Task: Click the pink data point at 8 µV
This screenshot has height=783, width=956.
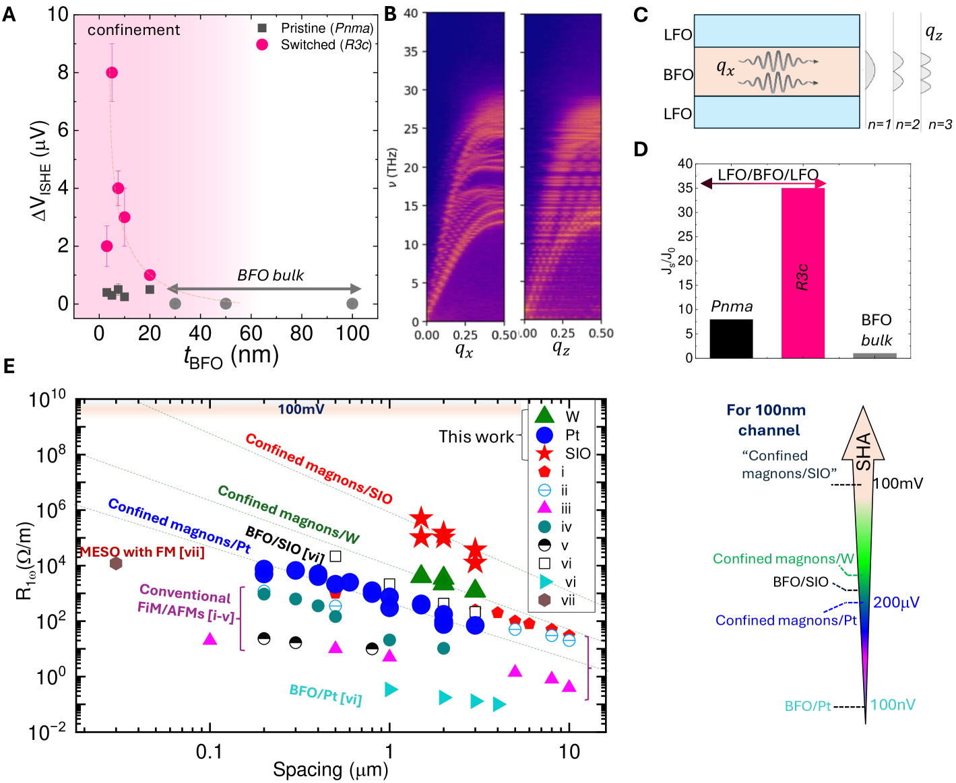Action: [112, 73]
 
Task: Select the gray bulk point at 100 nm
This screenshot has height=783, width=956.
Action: [352, 304]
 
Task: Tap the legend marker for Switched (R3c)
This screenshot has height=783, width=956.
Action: [262, 44]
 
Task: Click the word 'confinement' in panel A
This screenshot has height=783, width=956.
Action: [133, 30]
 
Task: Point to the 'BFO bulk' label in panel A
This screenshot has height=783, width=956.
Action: [270, 275]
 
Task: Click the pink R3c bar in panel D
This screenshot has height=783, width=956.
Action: [802, 273]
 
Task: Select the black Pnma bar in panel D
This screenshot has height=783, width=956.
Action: [731, 338]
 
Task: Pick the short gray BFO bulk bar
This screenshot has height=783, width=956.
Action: [874, 355]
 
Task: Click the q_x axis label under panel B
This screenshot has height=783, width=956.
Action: [464, 350]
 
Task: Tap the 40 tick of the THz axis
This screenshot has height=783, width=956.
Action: [411, 13]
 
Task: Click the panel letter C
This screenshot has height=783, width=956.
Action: [641, 15]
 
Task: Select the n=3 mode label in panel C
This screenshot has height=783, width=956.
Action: [940, 125]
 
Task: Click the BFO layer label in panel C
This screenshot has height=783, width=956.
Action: [678, 75]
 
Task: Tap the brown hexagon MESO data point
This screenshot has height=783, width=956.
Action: [116, 563]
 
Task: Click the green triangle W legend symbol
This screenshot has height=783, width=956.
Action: [544, 415]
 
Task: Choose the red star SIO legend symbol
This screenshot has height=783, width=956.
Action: [544, 453]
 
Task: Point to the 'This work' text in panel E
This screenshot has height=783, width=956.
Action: [476, 437]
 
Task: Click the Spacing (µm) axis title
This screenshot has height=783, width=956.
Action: [330, 770]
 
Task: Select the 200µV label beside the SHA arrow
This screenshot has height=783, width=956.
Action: [896, 603]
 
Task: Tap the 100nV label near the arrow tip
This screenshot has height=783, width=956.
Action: [893, 705]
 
